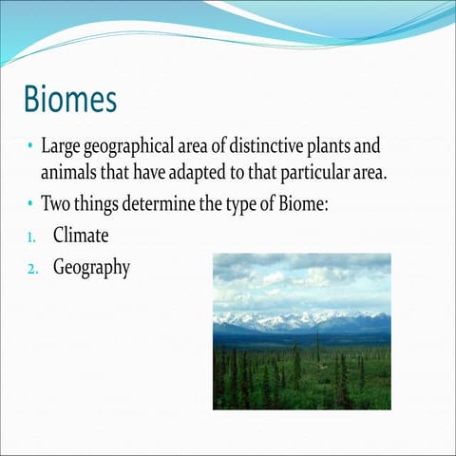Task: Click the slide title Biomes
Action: pyautogui.click(x=70, y=98)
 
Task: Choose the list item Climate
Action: pyautogui.click(x=82, y=234)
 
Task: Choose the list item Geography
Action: pyautogui.click(x=91, y=267)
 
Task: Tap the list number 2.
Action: pyautogui.click(x=31, y=268)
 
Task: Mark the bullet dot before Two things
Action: pyautogui.click(x=30, y=203)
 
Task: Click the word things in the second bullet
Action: pyautogui.click(x=99, y=203)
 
